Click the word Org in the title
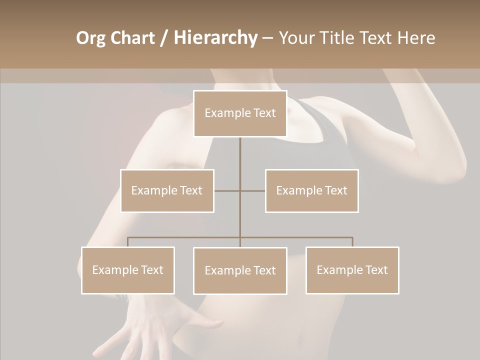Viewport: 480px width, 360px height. point(91,38)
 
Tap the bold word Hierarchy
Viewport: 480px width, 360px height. point(215,38)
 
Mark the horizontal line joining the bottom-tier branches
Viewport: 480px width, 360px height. point(300,237)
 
